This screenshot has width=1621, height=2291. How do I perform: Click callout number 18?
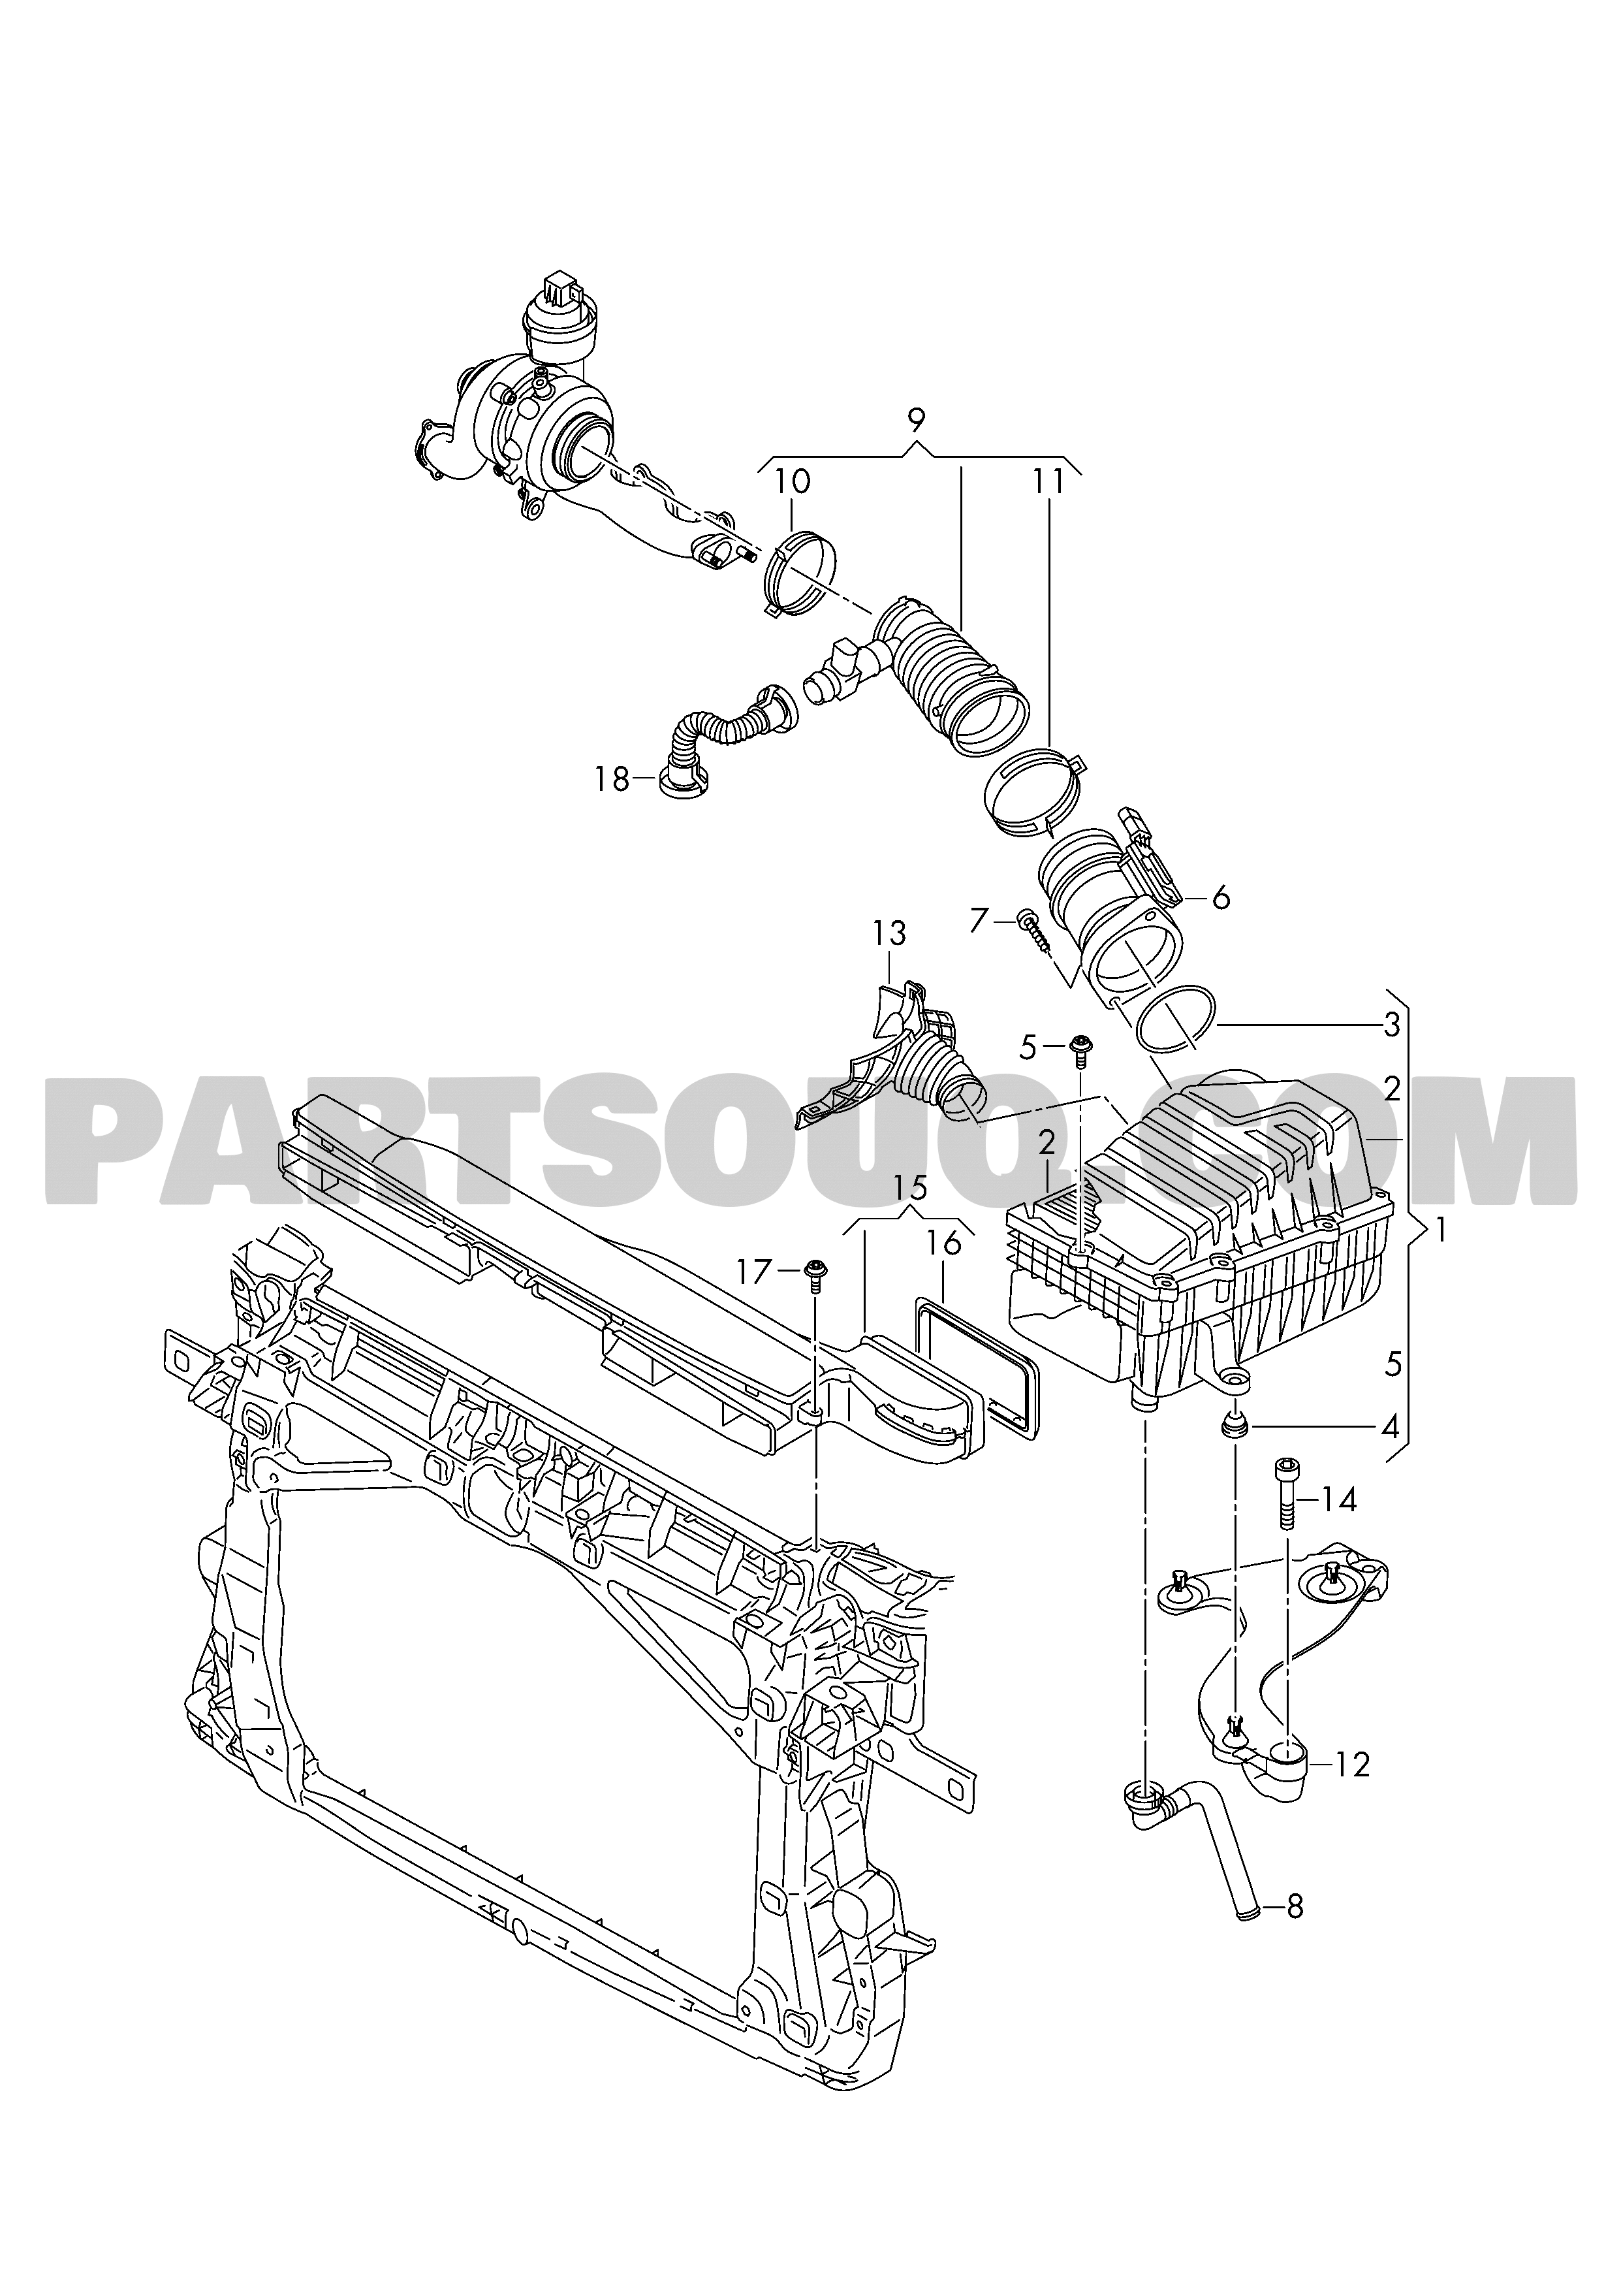612,778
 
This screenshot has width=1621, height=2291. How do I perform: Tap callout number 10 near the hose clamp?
794,481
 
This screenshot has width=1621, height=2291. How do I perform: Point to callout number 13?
889,935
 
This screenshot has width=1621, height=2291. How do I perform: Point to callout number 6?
1221,897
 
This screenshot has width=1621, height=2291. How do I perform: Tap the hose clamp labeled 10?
800,574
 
